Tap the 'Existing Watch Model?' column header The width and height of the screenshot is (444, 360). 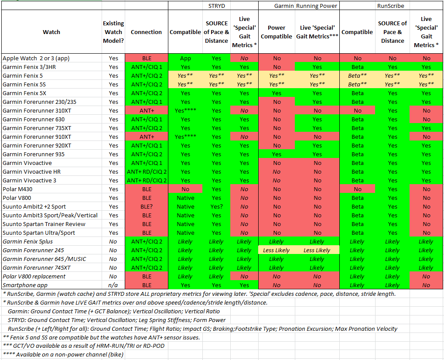[x=113, y=32]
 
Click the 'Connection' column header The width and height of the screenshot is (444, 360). [x=147, y=32]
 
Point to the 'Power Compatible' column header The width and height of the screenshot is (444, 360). [x=277, y=32]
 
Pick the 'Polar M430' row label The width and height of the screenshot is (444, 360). [x=17, y=189]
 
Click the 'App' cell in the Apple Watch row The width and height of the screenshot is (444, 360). [x=185, y=58]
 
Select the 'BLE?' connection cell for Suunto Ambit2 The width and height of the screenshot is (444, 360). [x=147, y=206]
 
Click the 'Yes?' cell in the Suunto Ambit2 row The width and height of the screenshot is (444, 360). [x=216, y=206]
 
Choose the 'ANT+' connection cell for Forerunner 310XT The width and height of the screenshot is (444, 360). [x=147, y=110]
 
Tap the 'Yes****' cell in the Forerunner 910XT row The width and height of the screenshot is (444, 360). [x=185, y=137]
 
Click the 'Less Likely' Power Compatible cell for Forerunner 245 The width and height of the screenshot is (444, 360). [x=277, y=250]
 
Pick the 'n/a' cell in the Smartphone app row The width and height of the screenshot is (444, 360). [x=113, y=285]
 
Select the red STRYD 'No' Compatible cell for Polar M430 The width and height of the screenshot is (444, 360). [x=185, y=189]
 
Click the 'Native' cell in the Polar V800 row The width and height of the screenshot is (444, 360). [x=185, y=198]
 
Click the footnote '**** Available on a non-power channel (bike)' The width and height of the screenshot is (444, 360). [x=63, y=354]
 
